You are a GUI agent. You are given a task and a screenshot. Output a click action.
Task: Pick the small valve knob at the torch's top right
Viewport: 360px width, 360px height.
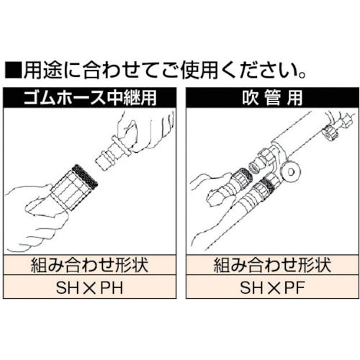coord(332,133)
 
